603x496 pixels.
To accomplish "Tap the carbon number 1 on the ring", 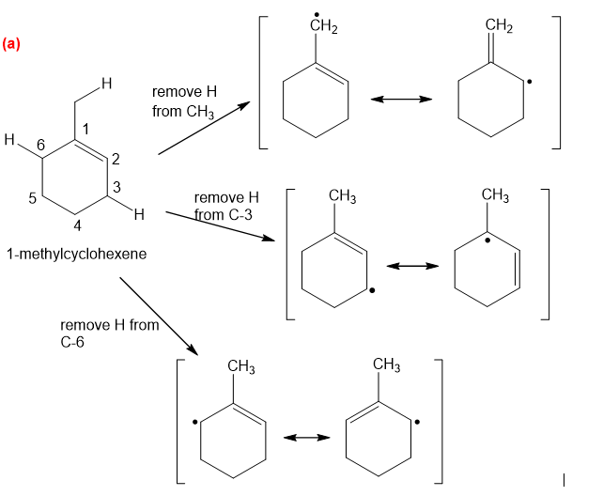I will coord(85,128).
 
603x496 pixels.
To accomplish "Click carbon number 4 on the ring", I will coord(78,225).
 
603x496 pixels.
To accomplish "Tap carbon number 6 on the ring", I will coord(40,143).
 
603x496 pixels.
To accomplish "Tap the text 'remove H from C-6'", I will coord(109,333).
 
